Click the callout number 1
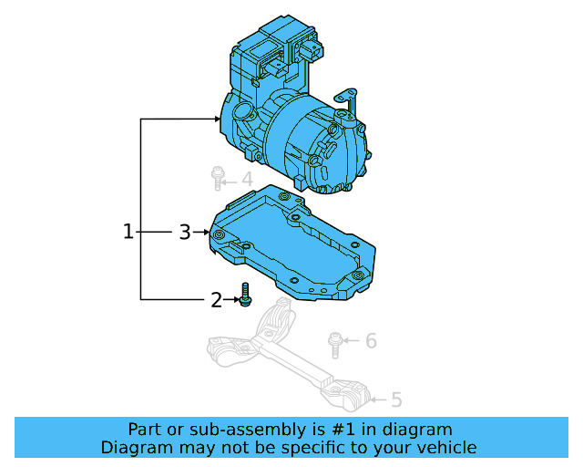point(128,233)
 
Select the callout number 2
point(216,300)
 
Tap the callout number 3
point(185,233)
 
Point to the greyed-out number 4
point(246,180)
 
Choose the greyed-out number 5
point(396,400)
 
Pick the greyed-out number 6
point(371,342)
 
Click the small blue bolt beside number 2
point(244,296)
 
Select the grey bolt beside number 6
point(335,343)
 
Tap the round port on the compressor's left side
point(243,115)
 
